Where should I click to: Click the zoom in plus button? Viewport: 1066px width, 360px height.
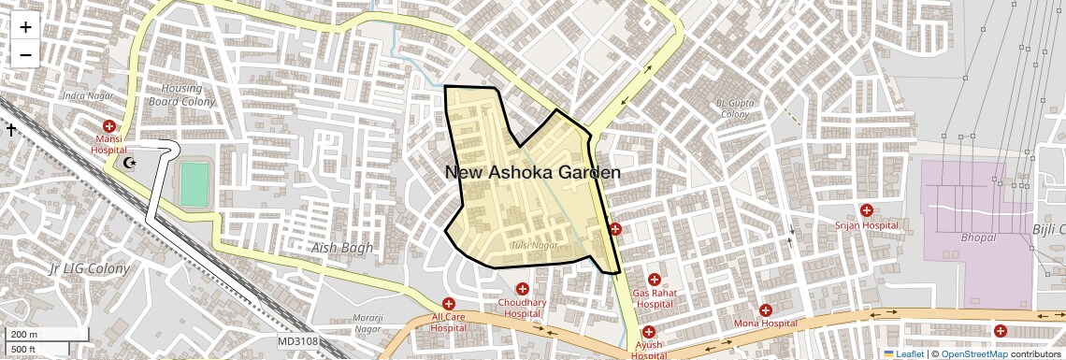click(25, 26)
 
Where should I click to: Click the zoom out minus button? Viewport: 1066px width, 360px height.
click(25, 54)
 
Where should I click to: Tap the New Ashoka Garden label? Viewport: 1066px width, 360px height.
click(532, 173)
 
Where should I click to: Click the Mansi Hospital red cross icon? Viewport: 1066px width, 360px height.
click(109, 126)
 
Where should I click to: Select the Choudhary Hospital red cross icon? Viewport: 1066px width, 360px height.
click(522, 289)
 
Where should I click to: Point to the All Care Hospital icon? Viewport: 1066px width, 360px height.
click(449, 304)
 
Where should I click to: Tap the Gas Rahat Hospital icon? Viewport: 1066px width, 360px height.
click(654, 280)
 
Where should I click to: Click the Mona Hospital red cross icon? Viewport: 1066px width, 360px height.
click(766, 310)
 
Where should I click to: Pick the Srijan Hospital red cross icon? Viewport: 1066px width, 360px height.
click(867, 211)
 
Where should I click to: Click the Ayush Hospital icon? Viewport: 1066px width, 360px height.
click(648, 332)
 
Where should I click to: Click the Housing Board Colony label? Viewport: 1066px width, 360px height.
click(182, 94)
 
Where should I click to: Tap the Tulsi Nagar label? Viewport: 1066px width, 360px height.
click(534, 245)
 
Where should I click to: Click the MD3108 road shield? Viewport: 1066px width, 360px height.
click(298, 341)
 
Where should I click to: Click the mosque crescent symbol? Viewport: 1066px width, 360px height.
click(130, 164)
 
